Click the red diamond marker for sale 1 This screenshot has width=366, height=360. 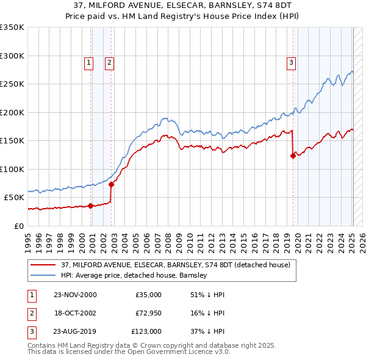pos(91,206)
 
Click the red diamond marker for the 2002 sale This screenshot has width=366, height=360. pos(112,184)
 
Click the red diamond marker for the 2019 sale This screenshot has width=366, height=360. pos(293,156)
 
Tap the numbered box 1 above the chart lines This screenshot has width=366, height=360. pos(88,62)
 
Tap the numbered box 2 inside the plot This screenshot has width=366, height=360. pos(109,62)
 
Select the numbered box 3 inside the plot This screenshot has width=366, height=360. pos(291,62)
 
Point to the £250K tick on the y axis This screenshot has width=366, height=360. pos(12,84)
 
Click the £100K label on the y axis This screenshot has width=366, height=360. pos(12,169)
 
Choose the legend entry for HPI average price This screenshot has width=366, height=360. pos(134,275)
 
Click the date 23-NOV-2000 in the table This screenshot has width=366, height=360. pos(75,295)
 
